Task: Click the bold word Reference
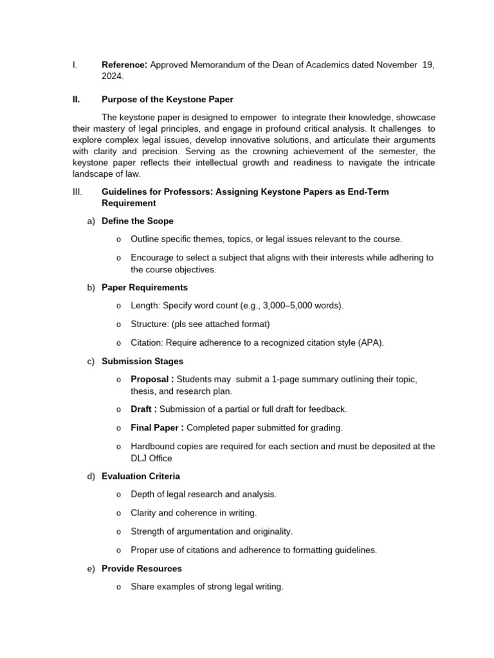(x=124, y=65)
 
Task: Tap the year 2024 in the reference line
(x=112, y=76)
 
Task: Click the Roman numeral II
(x=76, y=100)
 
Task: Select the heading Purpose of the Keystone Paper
(x=167, y=100)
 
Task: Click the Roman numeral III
(x=77, y=192)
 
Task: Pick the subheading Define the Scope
(x=138, y=221)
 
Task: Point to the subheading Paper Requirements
(x=145, y=287)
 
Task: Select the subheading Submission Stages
(x=142, y=361)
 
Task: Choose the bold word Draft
(x=142, y=409)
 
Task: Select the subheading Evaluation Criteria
(x=141, y=476)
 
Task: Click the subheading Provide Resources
(x=142, y=569)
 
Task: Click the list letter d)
(x=91, y=476)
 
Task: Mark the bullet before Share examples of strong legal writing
(x=119, y=587)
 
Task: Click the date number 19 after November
(x=428, y=65)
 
